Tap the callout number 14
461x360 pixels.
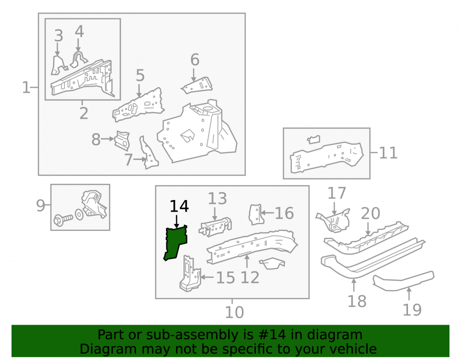179,207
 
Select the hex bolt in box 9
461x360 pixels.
63,219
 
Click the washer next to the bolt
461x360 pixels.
79,214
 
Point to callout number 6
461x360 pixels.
195,59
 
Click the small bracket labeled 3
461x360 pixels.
59,65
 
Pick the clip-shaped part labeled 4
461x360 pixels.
79,59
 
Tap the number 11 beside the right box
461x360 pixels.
388,153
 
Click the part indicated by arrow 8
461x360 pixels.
122,141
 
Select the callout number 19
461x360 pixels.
412,310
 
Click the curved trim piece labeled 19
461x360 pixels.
403,281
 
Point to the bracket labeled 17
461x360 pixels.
334,220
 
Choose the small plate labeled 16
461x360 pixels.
255,214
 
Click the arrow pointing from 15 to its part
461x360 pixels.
207,277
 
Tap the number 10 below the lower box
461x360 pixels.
234,312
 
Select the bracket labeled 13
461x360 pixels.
215,227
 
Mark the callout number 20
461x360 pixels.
371,213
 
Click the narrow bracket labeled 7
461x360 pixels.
148,153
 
